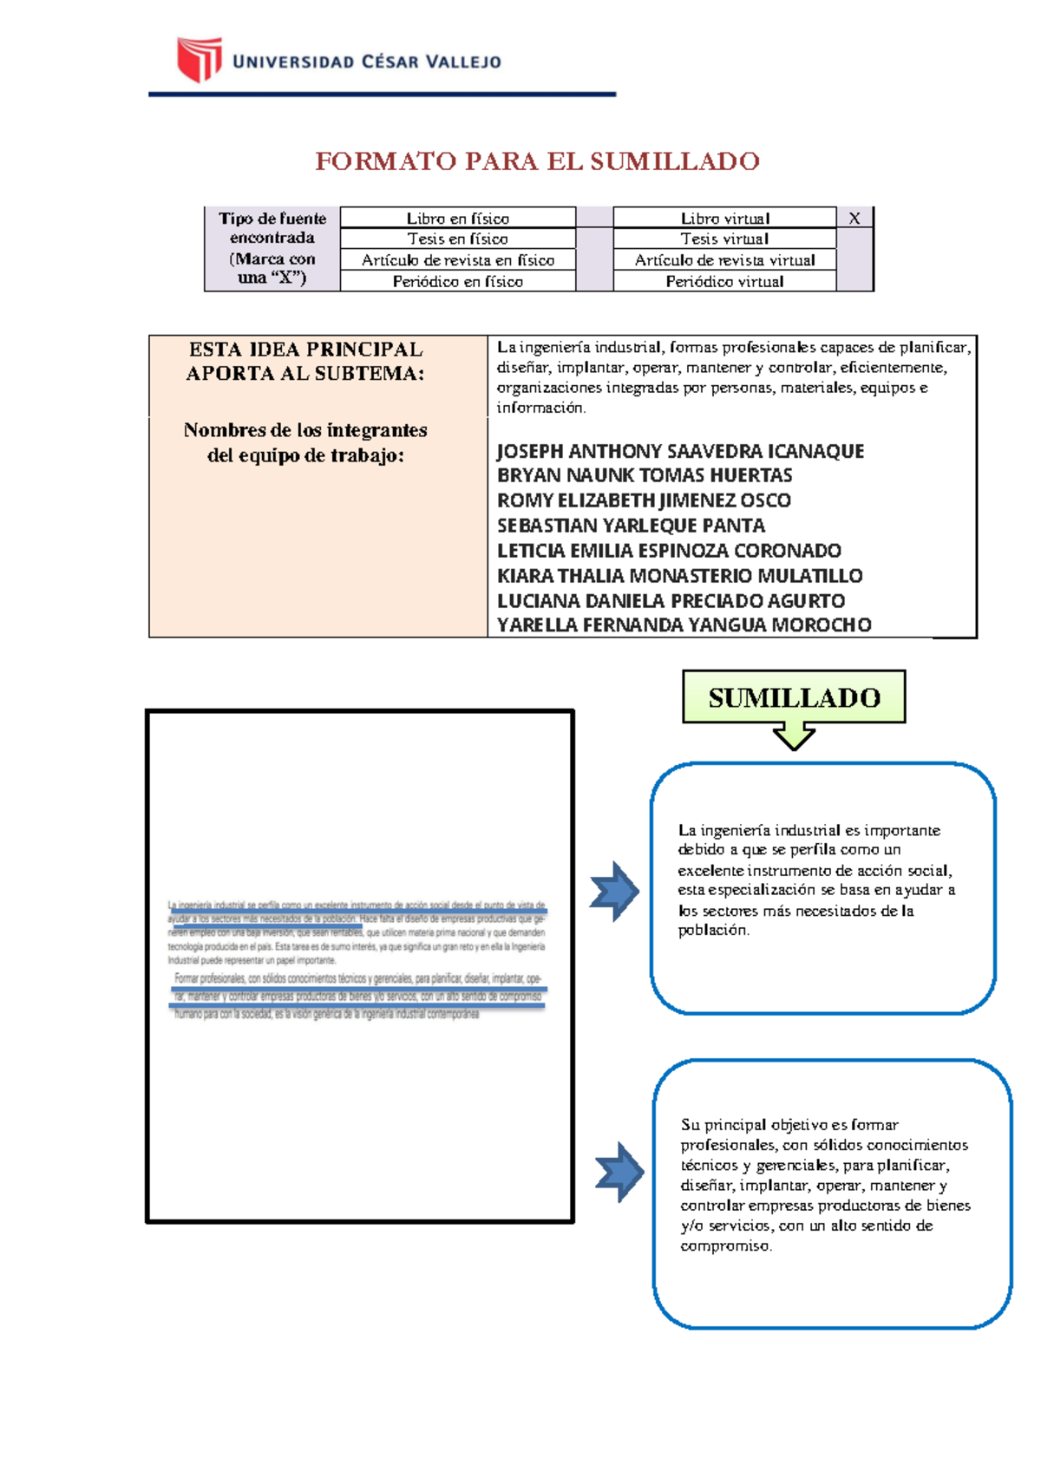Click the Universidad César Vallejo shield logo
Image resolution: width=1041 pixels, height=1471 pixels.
click(200, 59)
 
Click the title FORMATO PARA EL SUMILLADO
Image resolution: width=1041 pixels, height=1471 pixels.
click(537, 161)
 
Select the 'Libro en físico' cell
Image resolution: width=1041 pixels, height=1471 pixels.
click(457, 219)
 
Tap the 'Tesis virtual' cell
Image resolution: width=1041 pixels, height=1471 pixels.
click(724, 239)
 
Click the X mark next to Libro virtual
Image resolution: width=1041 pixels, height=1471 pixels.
click(854, 219)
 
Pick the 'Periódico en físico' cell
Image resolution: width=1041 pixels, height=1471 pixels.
click(457, 282)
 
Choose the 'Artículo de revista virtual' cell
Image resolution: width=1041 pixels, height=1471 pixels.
click(724, 260)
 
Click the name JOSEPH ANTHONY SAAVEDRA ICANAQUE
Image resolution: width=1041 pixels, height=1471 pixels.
click(680, 451)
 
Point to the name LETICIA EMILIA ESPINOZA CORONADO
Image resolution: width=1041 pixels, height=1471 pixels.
click(669, 551)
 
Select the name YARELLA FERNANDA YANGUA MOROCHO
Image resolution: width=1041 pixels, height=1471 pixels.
click(684, 625)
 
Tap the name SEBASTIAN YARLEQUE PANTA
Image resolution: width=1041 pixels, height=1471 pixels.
click(631, 526)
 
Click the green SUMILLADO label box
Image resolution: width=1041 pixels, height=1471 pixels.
click(794, 697)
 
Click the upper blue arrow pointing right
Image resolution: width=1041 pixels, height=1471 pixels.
click(614, 892)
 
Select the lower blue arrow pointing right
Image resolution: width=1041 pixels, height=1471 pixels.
click(619, 1173)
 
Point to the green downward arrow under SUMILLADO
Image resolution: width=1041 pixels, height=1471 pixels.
click(794, 737)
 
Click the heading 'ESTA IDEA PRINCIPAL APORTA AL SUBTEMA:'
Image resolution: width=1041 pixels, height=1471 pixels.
click(305, 362)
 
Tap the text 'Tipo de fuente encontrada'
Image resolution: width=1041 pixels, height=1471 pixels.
click(272, 228)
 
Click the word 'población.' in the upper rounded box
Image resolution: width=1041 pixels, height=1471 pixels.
click(713, 931)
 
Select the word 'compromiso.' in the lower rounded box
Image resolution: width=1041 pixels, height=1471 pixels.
click(725, 1246)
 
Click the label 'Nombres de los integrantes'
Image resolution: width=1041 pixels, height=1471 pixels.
click(305, 430)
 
